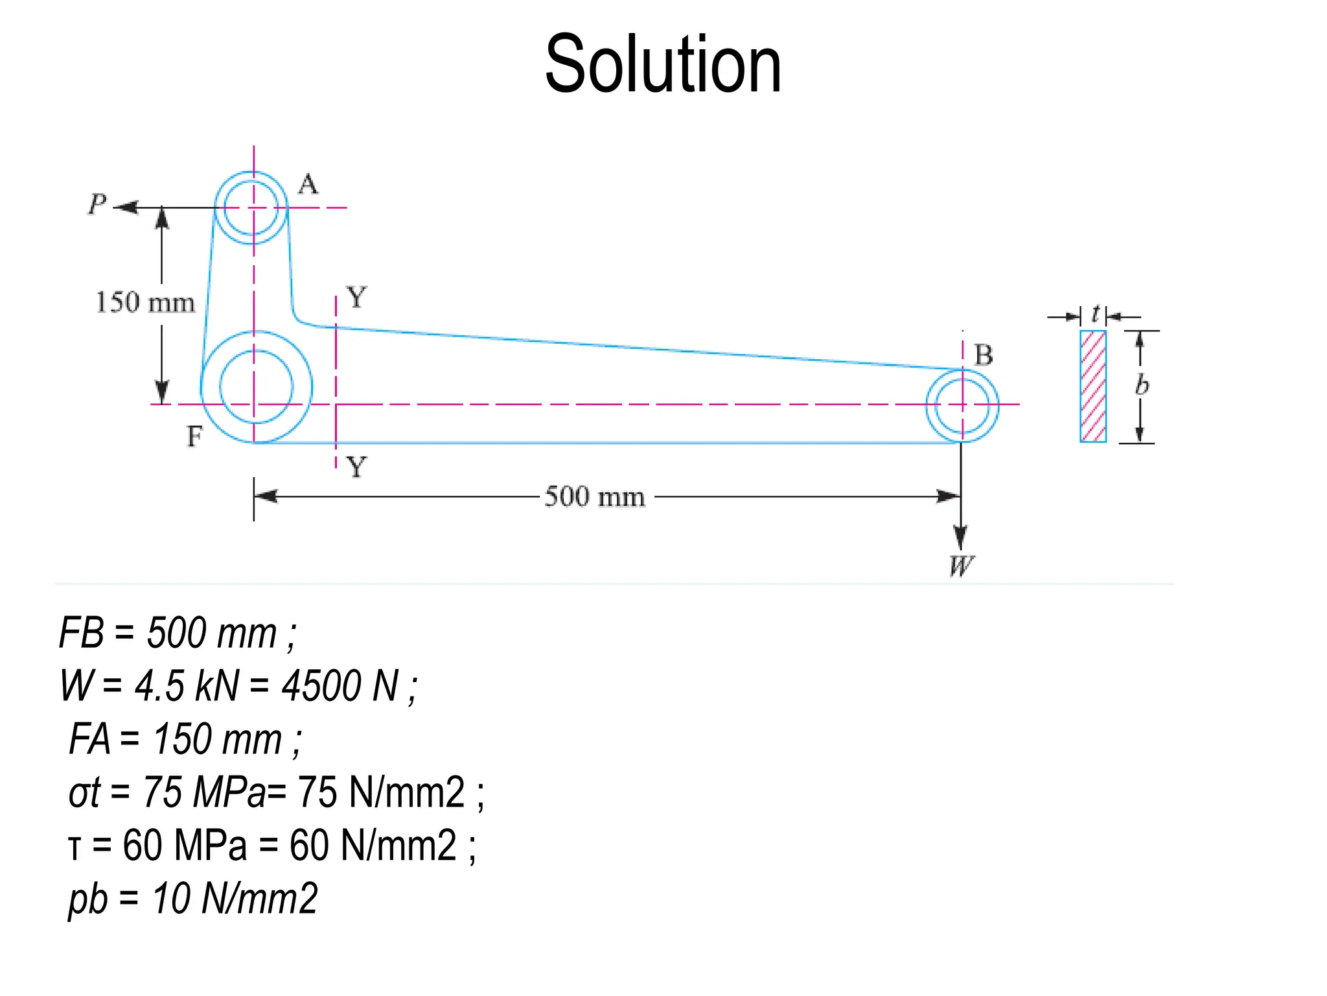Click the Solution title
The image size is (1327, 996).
pos(663,65)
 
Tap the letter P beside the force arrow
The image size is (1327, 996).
pos(97,204)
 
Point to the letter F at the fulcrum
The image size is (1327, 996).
pos(194,436)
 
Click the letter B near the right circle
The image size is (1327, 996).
pos(984,355)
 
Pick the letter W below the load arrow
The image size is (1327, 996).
pos(961,566)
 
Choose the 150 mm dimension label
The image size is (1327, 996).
pos(145,303)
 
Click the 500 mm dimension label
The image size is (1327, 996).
pos(595,497)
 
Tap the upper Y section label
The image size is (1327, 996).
pos(356,298)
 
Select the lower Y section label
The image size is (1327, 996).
pos(356,467)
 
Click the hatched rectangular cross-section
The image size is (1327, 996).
pos(1093,386)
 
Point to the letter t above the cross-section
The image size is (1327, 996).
pos(1095,314)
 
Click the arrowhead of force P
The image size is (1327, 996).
pos(126,207)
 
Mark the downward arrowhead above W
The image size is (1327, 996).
pos(961,538)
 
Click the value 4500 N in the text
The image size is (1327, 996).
pos(340,686)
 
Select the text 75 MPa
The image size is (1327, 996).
pos(204,792)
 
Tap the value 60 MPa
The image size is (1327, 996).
pos(185,846)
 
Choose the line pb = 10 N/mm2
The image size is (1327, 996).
pos(193,899)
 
